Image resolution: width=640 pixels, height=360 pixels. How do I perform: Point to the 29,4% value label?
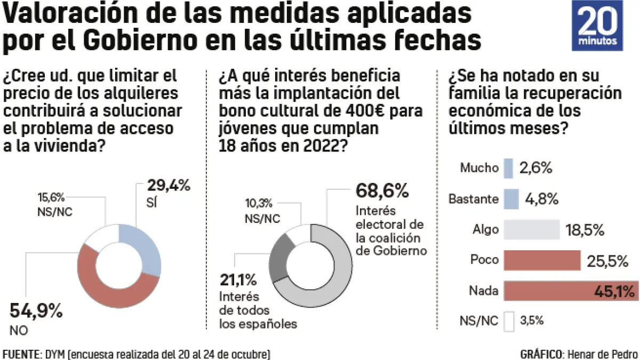coord(169,186)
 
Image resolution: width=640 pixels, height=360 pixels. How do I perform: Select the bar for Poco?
coord(541,261)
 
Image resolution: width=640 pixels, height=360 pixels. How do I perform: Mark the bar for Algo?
coord(531,230)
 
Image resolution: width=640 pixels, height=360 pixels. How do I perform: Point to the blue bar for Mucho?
coord(507,168)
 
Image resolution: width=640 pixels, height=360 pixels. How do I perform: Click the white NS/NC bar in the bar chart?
coord(508,322)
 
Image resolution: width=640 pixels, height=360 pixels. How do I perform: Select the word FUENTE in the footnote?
coord(21,354)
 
